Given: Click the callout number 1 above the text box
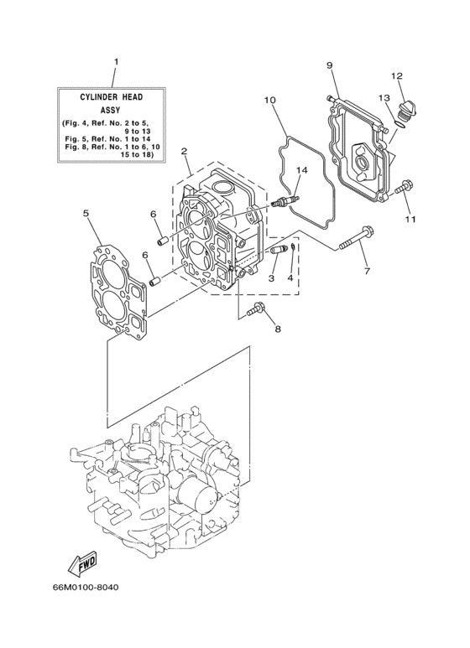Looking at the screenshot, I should click(116, 61).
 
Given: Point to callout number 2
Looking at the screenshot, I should click(183, 152).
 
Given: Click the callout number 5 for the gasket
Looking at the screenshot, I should click(86, 214).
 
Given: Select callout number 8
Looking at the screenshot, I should click(278, 329).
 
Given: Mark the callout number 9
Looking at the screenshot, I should click(329, 65).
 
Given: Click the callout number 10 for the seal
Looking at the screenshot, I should click(270, 101).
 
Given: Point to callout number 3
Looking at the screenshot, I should click(272, 277).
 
